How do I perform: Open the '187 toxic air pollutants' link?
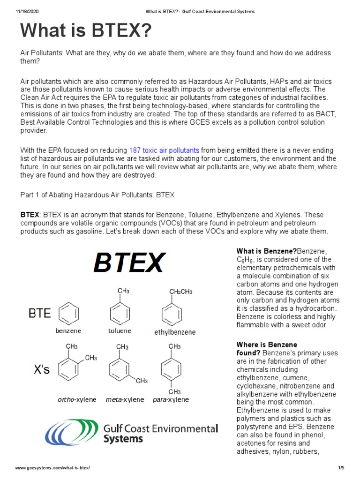point(164,150)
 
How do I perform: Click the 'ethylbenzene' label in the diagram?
point(175,332)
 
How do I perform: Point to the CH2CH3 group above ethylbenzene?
point(180,291)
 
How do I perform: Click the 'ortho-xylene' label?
point(77,400)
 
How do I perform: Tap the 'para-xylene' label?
point(171,400)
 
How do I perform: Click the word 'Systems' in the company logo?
point(123,439)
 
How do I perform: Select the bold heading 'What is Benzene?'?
point(267,251)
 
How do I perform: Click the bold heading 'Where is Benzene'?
point(266,345)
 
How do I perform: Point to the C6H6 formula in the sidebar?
point(245,260)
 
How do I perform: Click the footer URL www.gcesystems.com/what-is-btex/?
point(52,468)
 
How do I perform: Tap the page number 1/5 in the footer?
point(341,468)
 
